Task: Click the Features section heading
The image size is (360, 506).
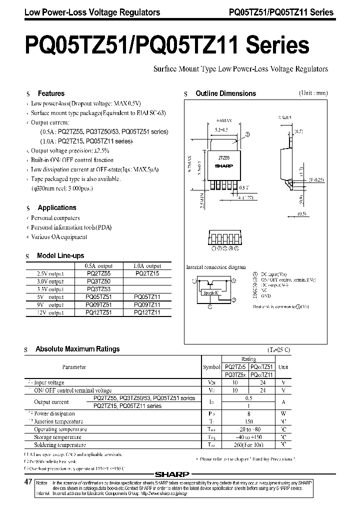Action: point(51,93)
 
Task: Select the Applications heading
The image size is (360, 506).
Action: point(57,207)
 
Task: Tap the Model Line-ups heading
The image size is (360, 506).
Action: point(60,255)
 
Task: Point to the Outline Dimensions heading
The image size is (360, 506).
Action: point(225,93)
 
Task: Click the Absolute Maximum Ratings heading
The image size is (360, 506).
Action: point(77,349)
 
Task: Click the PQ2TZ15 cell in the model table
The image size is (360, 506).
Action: point(147,274)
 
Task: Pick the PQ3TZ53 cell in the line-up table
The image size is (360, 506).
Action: point(98,289)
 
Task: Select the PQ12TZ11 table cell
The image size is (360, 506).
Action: point(147,312)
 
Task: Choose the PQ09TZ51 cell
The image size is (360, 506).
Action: point(98,304)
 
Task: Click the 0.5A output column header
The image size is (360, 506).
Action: point(98,266)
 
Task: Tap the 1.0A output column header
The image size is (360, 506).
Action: point(147,266)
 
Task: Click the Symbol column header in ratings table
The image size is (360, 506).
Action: point(211,366)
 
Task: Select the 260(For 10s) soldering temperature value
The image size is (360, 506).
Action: point(249,444)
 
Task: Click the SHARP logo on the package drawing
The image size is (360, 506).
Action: point(220,164)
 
